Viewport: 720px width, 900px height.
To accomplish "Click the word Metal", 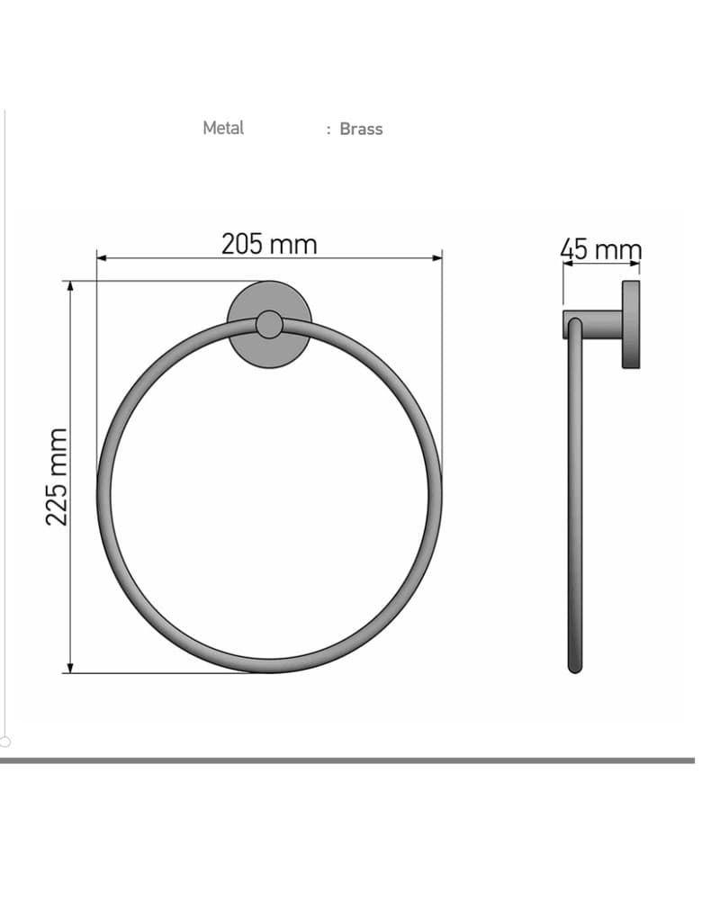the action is [223, 128].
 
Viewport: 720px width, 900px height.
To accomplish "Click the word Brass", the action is [361, 129].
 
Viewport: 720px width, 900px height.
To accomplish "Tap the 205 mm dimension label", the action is [269, 244].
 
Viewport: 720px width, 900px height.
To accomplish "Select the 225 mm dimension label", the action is [57, 477].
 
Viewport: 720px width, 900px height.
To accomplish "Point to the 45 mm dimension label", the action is [601, 249].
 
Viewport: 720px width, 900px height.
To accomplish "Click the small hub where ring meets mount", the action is [269, 325].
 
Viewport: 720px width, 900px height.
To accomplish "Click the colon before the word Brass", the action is [328, 130].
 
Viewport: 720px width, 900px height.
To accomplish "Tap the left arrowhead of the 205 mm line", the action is [102, 258].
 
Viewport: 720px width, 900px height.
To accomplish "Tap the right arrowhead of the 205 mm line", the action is [437, 258].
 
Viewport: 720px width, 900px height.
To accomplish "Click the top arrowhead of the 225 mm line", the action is [70, 286].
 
